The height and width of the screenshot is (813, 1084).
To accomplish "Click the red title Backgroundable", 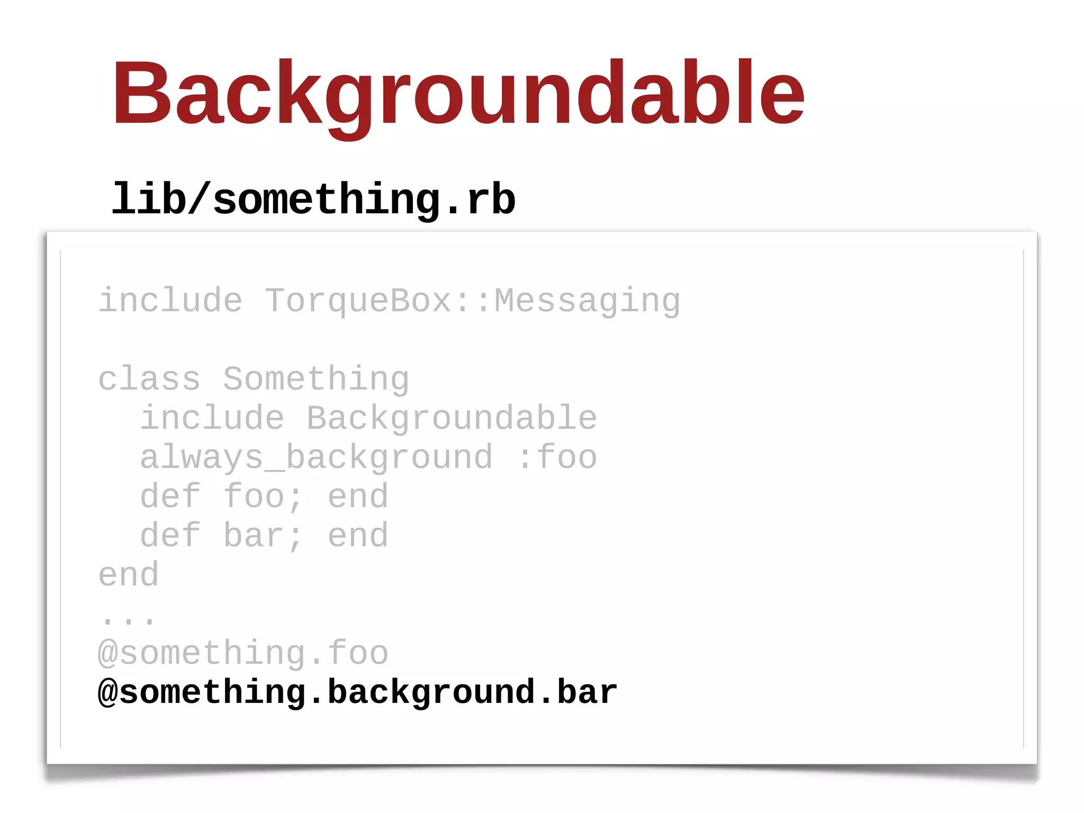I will coord(458,94).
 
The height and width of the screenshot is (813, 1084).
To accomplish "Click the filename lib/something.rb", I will coord(313,200).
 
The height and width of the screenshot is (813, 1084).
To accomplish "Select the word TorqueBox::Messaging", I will coord(472,301).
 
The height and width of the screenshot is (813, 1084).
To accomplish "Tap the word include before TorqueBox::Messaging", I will coord(170,301).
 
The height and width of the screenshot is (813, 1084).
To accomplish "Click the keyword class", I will coord(149,379).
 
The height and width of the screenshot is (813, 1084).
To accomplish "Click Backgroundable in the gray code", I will coord(451,419).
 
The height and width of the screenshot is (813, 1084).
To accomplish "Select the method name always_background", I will coord(316,458).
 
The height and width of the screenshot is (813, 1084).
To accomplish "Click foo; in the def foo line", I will coord(264,496).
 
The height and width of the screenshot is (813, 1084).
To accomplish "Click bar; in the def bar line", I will coord(264,536).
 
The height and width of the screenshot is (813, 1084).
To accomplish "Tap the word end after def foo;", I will coord(358,496).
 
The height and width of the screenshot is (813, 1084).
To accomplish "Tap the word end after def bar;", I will coord(358,536).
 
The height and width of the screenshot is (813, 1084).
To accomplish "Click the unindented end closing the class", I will coord(129,575).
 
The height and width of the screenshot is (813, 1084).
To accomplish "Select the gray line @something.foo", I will coord(243,653).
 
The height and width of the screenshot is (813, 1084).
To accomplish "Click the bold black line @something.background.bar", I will coord(358,692).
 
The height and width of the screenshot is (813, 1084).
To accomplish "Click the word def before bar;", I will coord(170,536).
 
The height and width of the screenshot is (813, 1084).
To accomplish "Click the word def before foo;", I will coord(170,496).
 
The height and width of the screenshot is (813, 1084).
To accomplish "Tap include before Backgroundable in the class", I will coord(212,418).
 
